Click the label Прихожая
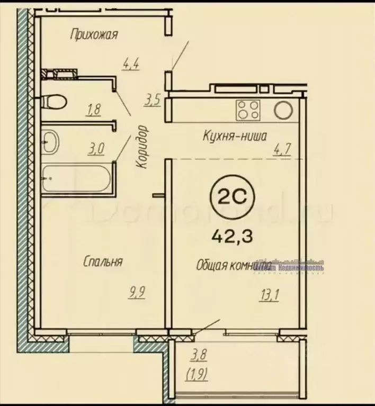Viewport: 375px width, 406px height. (x=94, y=35)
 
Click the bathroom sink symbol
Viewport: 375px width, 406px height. (x=51, y=140)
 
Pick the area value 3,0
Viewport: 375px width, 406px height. (x=95, y=149)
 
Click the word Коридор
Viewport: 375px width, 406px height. (x=142, y=147)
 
